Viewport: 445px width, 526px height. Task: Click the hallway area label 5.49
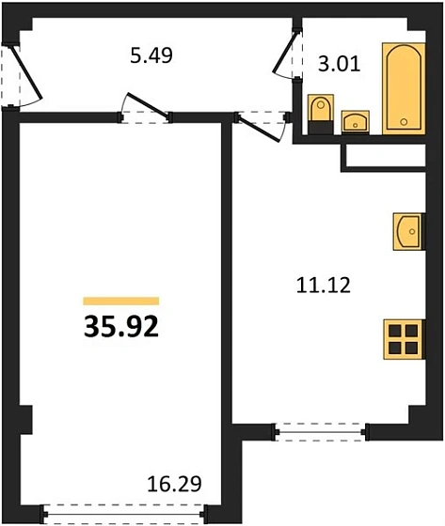151,54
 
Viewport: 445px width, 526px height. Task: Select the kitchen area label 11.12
322,285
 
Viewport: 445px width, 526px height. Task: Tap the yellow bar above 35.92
121,302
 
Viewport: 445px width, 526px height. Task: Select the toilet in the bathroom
321,110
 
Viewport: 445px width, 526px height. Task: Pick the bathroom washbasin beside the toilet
356,120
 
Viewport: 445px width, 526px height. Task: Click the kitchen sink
408,230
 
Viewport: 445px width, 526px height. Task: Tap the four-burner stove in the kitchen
407,337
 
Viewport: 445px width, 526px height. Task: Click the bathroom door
286,56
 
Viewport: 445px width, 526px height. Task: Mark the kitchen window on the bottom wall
322,432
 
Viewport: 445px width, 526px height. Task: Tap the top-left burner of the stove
399,330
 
